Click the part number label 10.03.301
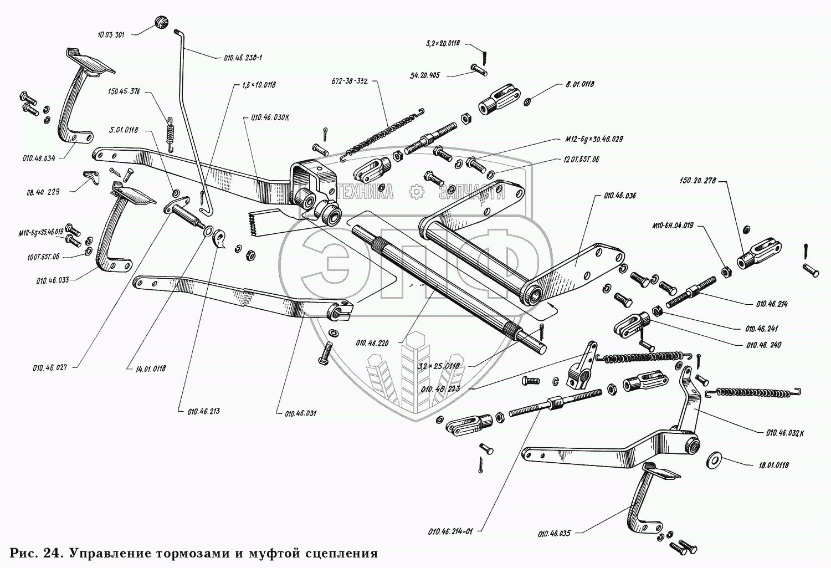click(111, 34)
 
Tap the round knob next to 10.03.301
click(161, 22)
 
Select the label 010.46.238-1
click(243, 57)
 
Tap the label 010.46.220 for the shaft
click(372, 343)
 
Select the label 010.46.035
click(553, 534)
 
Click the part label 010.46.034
click(39, 158)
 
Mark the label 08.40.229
click(43, 192)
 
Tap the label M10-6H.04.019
click(672, 226)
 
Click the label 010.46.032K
click(785, 433)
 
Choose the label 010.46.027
click(49, 367)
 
